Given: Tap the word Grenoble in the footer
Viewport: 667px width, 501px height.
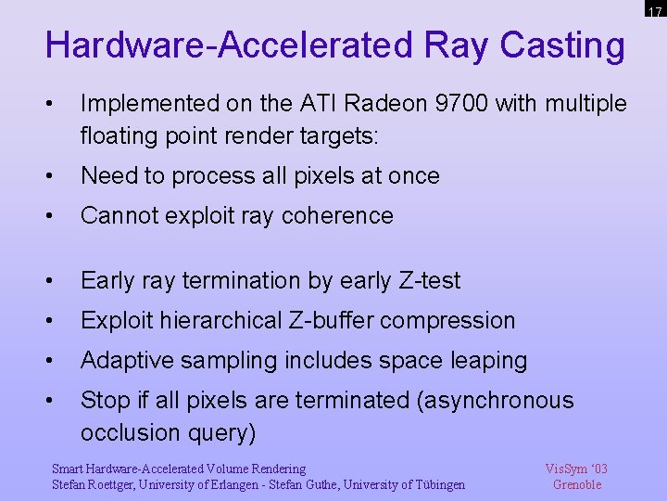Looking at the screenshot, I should [576, 484].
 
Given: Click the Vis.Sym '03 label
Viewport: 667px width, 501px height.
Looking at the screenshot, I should [576, 469].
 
